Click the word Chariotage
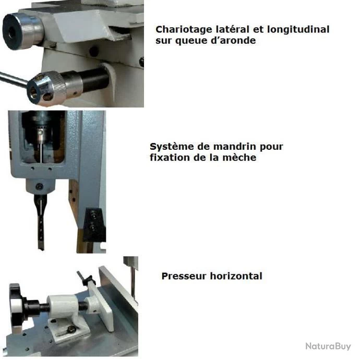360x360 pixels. coord(184,30)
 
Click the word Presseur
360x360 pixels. coord(184,276)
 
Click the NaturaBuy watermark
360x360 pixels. coord(328,346)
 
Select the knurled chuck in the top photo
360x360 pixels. coord(47,88)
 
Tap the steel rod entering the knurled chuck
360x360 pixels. coord(14,79)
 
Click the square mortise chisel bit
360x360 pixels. coord(40,222)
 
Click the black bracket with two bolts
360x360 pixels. coord(94,224)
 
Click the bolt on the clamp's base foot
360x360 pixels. coord(72,329)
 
